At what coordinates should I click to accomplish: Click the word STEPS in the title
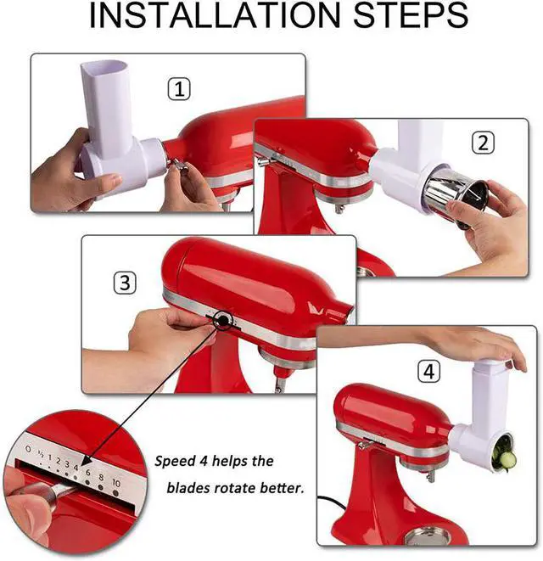tap(411, 15)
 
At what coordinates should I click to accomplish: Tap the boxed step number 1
tap(179, 89)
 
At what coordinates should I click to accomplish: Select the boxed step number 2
tap(483, 143)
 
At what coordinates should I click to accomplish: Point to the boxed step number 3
tap(125, 283)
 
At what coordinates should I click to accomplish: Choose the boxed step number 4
tap(429, 372)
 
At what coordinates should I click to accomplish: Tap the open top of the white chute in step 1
tap(104, 67)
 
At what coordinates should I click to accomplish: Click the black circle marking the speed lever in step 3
tap(222, 320)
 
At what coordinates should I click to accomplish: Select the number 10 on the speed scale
tap(116, 483)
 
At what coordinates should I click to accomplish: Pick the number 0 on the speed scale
tap(28, 449)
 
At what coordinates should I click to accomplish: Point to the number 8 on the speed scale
tap(101, 477)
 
